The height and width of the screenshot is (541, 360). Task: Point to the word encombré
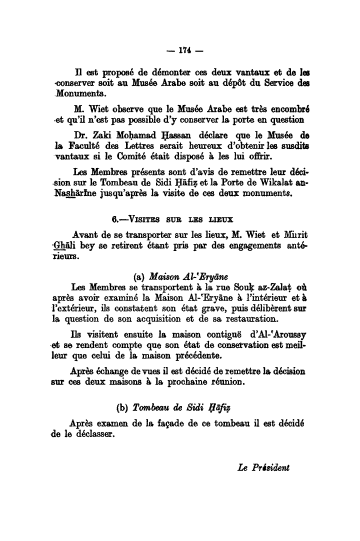285,108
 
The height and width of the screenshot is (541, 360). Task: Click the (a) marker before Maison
140,276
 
